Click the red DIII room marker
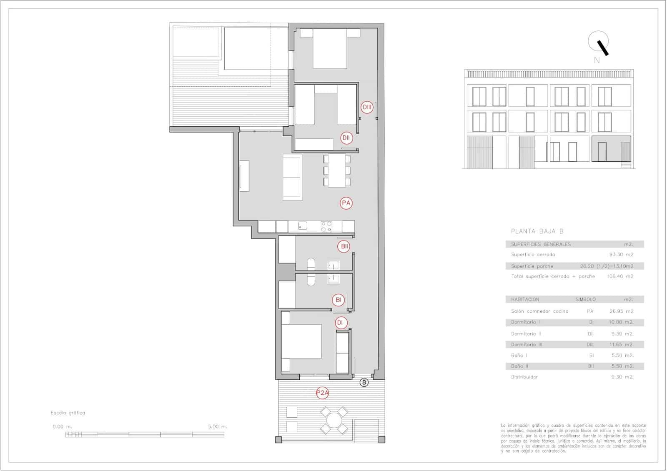pos(367,107)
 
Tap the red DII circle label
pos(346,138)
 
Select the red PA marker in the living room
pos(346,203)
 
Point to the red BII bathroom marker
pos(344,246)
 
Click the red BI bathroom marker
pos(339,300)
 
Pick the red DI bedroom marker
pos(340,322)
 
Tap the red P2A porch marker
pos(323,392)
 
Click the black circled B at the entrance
pos(364,382)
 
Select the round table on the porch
pos(334,420)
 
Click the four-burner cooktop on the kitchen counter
pos(326,226)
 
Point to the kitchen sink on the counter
pos(303,226)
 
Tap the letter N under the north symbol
pos(597,60)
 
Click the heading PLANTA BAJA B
pos(537,231)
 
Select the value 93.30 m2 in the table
pos(621,255)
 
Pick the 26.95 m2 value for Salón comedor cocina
pos(621,311)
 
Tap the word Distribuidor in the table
pos(524,377)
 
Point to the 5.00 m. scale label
pos(218,427)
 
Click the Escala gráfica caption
pos(68,413)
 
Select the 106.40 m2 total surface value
pos(620,276)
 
